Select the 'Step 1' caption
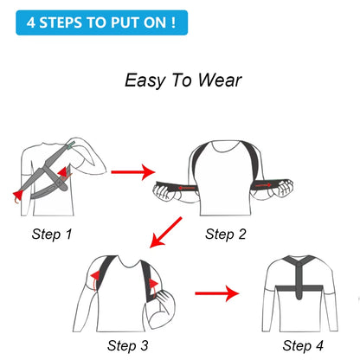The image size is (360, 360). coord(53,234)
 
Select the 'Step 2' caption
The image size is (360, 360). coord(225,234)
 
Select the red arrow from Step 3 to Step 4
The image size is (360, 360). coord(215,294)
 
